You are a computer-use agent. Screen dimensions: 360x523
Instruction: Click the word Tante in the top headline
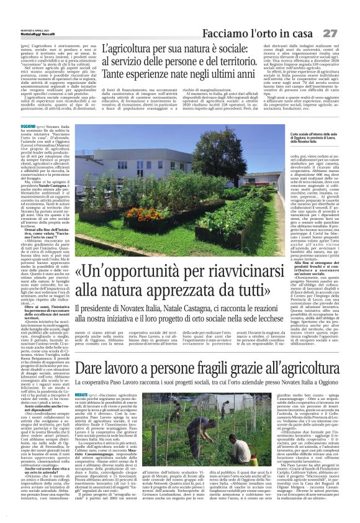[x=115, y=75]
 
